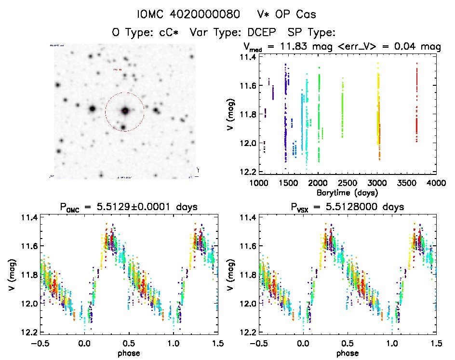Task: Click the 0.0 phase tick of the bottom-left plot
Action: tap(85, 343)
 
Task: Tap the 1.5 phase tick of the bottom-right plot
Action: tap(436, 343)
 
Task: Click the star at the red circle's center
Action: tap(125, 111)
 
